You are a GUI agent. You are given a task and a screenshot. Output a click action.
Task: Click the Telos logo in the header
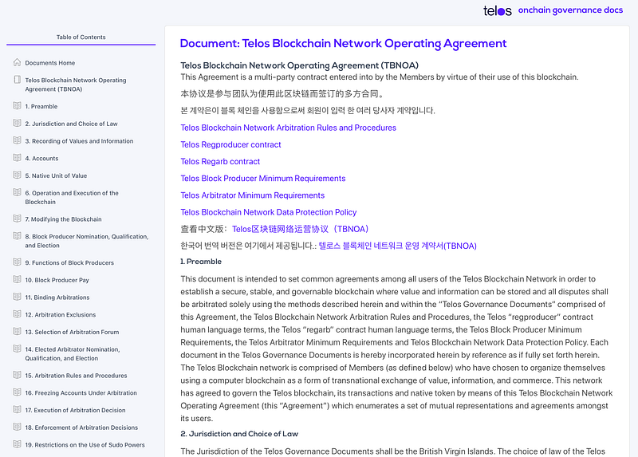tap(498, 11)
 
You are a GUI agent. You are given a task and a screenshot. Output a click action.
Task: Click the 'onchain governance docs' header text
tap(570, 11)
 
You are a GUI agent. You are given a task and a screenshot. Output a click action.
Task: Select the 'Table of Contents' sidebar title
tap(81, 37)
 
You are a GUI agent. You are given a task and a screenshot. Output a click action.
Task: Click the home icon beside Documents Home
tap(18, 62)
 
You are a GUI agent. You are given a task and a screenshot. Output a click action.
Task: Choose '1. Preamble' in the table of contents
tap(41, 106)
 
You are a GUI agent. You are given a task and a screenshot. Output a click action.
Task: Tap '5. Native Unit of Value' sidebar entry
tap(56, 175)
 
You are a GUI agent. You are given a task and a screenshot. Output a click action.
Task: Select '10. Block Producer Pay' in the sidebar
tap(57, 280)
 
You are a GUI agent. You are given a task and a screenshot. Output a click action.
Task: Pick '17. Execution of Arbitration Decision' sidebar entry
tap(75, 410)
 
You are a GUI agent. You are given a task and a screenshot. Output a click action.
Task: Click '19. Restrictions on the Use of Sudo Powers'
tap(85, 445)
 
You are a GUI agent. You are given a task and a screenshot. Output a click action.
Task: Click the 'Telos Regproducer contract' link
tap(230, 145)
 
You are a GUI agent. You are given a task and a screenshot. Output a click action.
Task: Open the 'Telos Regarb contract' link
tap(220, 162)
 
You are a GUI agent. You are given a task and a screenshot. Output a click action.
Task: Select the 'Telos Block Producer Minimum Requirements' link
tap(262, 179)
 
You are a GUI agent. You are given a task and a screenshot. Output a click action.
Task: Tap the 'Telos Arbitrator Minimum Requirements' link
tap(252, 195)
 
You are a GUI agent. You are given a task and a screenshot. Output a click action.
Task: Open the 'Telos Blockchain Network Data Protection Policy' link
tap(268, 212)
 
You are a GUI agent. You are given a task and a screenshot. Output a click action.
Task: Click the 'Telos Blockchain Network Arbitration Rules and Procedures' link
tap(288, 128)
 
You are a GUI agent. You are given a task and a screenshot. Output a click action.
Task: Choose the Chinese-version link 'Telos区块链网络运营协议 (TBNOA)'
tap(300, 230)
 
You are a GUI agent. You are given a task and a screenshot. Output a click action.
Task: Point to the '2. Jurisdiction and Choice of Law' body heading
tap(239, 434)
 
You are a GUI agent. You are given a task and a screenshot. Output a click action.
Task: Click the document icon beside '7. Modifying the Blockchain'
tap(18, 219)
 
